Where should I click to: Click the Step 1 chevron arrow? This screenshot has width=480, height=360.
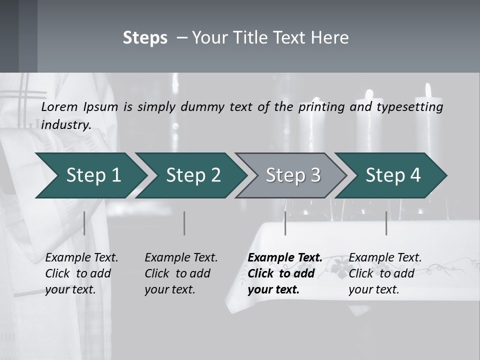90,175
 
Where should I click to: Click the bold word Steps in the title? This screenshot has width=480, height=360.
145,37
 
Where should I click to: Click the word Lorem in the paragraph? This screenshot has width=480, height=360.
59,107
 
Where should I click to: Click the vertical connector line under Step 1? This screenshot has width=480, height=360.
84,223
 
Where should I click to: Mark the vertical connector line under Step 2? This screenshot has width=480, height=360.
184,223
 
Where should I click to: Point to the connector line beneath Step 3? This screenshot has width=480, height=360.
285,223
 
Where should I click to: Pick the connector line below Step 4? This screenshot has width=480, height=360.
386,223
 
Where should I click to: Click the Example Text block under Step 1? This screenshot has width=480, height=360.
81,273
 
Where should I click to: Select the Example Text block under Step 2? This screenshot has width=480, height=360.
181,273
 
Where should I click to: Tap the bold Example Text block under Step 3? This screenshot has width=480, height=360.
285,273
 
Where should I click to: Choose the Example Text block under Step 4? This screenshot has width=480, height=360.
385,273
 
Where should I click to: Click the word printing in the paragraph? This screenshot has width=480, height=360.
322,107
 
